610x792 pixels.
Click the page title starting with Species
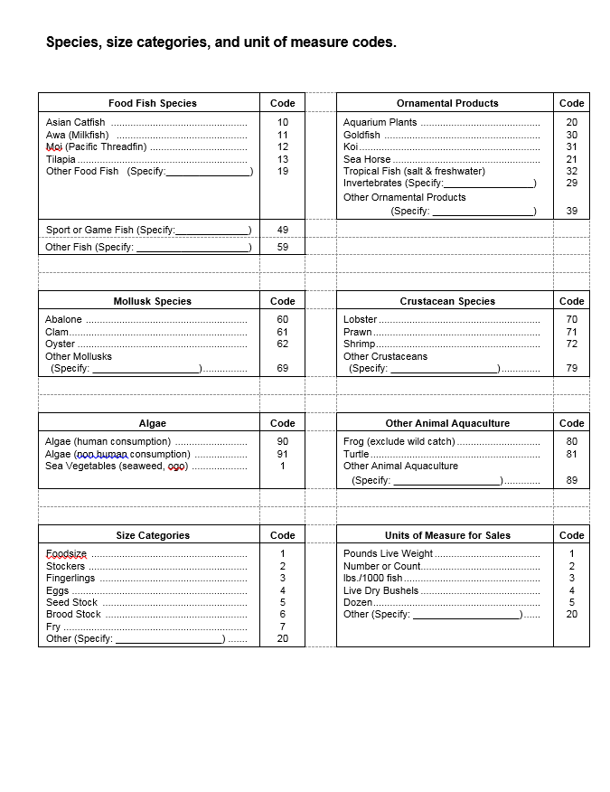tap(221, 42)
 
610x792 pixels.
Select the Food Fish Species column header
tap(152, 103)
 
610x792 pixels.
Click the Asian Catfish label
tap(76, 122)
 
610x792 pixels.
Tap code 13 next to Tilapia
tap(283, 159)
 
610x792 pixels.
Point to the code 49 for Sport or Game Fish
tap(283, 230)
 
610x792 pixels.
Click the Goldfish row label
tap(361, 135)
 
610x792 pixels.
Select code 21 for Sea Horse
tap(571, 159)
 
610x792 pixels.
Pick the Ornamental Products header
tap(446, 103)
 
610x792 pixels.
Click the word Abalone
tap(63, 319)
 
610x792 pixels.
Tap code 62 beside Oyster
tap(283, 344)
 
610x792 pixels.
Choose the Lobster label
tap(360, 319)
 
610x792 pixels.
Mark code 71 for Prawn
tap(571, 332)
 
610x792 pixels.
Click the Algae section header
tap(152, 423)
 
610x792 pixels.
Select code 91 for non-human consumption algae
tap(283, 454)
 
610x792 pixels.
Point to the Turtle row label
tap(356, 454)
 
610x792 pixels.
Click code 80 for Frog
tap(571, 441)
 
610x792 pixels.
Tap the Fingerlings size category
tap(70, 578)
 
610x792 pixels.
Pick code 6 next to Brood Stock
tap(283, 614)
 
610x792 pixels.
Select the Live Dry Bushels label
tap(380, 590)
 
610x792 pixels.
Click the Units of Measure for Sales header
tap(446, 535)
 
